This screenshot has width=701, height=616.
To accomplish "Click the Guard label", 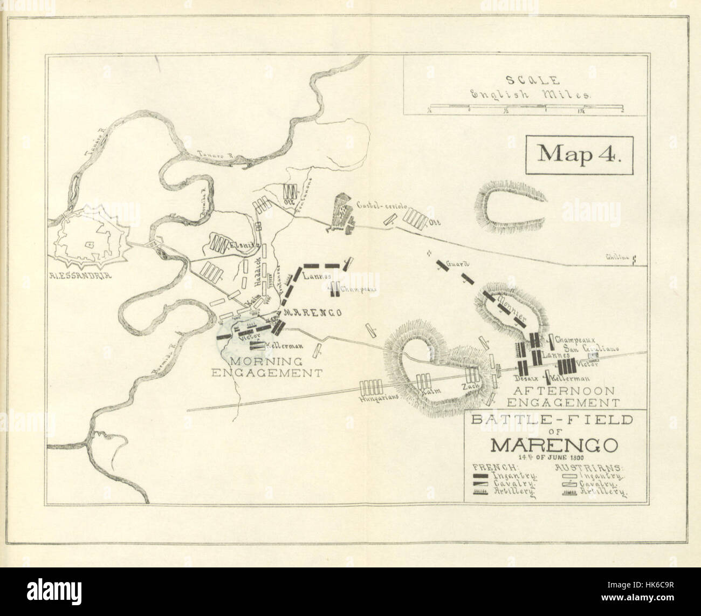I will pos(462,264).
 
